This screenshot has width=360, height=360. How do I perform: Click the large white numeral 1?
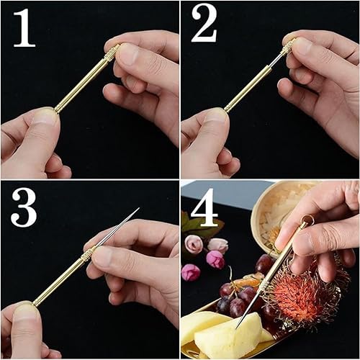(x=24, y=27)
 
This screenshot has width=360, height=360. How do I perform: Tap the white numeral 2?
(x=204, y=24)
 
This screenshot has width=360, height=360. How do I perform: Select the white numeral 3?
(x=24, y=207)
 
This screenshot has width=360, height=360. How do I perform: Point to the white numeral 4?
(x=204, y=207)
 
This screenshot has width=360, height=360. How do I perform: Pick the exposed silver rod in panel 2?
(x=275, y=62)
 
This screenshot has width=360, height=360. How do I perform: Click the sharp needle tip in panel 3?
(x=138, y=209)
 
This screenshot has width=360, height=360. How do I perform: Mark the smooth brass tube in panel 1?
(x=80, y=84)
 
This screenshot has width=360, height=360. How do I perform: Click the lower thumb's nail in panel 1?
(x=45, y=114)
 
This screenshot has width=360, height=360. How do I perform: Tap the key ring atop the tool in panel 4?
(x=307, y=220)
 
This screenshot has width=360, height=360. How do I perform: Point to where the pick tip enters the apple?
(x=236, y=328)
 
